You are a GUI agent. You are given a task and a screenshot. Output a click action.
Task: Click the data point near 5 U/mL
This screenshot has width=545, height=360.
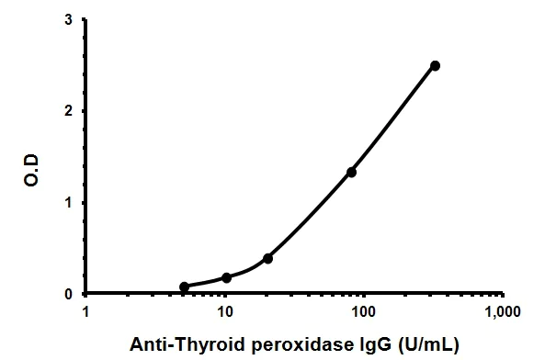click(184, 287)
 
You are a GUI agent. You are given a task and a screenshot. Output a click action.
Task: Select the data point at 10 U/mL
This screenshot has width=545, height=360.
click(226, 277)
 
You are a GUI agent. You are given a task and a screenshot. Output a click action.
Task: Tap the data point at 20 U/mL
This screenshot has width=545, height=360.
click(267, 258)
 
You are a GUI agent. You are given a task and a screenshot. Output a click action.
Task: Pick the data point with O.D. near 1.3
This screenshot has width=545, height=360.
click(351, 172)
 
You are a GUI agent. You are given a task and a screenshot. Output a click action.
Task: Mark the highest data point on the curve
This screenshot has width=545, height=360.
click(435, 65)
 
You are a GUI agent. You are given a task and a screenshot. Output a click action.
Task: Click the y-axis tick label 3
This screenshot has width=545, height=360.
click(70, 20)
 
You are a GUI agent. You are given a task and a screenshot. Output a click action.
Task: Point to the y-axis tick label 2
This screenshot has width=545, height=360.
click(70, 111)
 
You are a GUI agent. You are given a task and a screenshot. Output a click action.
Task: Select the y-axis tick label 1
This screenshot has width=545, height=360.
click(70, 202)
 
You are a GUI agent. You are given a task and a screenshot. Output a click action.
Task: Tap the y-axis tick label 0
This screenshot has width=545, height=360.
click(70, 294)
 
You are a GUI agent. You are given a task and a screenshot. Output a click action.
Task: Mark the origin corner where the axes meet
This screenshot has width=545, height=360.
click(86, 294)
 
